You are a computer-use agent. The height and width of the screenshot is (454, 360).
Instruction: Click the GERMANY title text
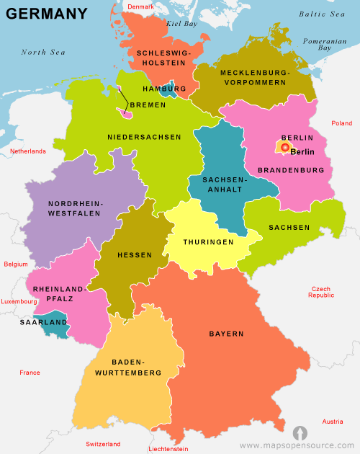pyautogui.click(x=47, y=14)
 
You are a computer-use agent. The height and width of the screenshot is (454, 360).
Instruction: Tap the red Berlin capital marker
pyautogui.click(x=284, y=148)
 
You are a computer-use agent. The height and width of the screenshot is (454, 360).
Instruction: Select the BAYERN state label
pyautogui.click(x=226, y=334)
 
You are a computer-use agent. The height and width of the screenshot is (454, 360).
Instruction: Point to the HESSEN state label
pyautogui.click(x=135, y=255)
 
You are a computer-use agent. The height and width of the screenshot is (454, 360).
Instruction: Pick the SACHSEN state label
pyautogui.click(x=289, y=227)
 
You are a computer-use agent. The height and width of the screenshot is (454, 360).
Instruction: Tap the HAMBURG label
pyautogui.click(x=164, y=89)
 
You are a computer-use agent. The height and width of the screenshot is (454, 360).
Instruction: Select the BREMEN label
pyautogui.click(x=148, y=104)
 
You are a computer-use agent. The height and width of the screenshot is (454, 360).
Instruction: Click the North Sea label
pyautogui.click(x=43, y=52)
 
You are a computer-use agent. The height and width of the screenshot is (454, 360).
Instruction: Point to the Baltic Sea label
pyautogui.click(x=322, y=14)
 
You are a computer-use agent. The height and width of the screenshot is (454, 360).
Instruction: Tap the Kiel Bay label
pyautogui.click(x=181, y=24)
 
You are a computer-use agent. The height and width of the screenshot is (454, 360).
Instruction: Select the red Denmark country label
pyautogui.click(x=140, y=6)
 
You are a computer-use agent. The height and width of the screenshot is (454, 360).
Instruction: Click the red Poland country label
pyautogui.click(x=341, y=123)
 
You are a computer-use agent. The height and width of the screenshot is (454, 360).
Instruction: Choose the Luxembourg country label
pyautogui.click(x=19, y=301)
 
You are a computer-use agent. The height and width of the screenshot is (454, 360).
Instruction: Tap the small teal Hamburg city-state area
pyautogui.click(x=168, y=92)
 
